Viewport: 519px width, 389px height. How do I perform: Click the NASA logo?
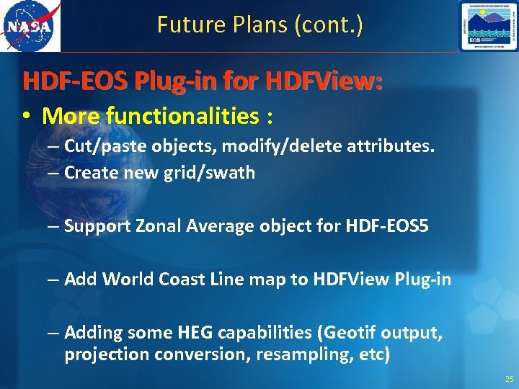coord(30,27)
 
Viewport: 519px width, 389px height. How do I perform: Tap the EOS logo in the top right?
coord(488,27)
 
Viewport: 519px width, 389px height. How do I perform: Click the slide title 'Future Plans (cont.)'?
coord(260,26)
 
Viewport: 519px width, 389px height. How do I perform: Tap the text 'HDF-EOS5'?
coord(389,226)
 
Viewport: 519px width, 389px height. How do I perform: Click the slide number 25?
coord(510,379)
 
